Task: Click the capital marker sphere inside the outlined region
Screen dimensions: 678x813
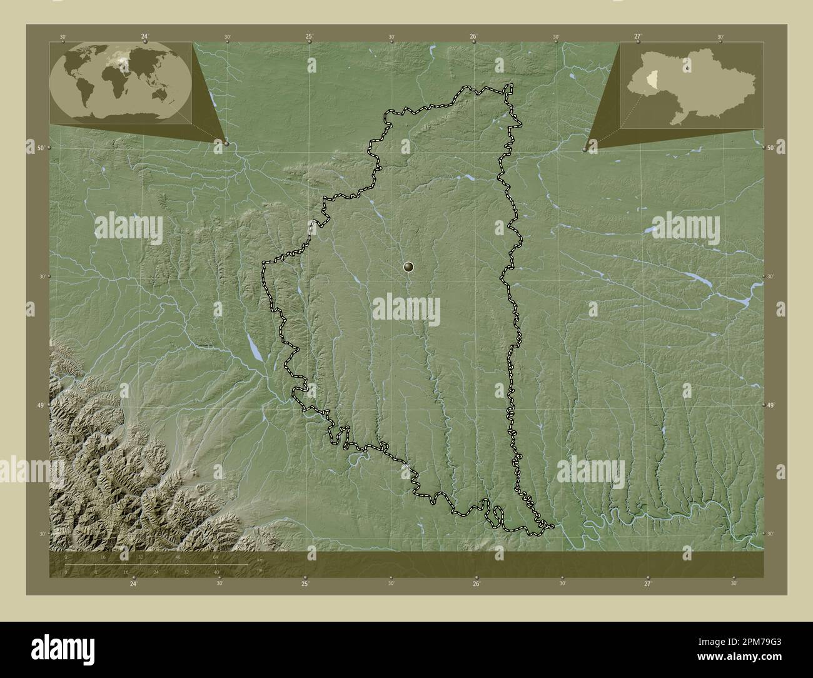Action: tap(409, 268)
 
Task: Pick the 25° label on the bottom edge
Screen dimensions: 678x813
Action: tap(305, 584)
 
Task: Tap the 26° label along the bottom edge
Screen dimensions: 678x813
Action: tap(476, 584)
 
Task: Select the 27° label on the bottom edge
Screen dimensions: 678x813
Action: tap(647, 584)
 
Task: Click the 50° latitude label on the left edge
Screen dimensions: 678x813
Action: tap(41, 148)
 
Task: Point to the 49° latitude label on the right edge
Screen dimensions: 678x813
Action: tap(770, 406)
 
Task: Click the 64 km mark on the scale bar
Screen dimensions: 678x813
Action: tap(215, 557)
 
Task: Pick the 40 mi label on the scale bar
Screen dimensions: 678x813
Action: tap(216, 572)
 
